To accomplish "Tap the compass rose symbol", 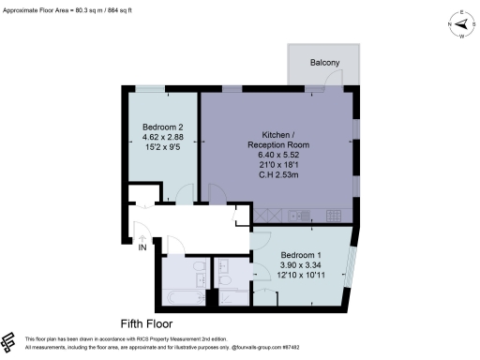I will [460, 25].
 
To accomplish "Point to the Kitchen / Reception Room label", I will [278, 140].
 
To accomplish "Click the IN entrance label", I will [142, 248].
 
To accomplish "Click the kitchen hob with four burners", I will [329, 216].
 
